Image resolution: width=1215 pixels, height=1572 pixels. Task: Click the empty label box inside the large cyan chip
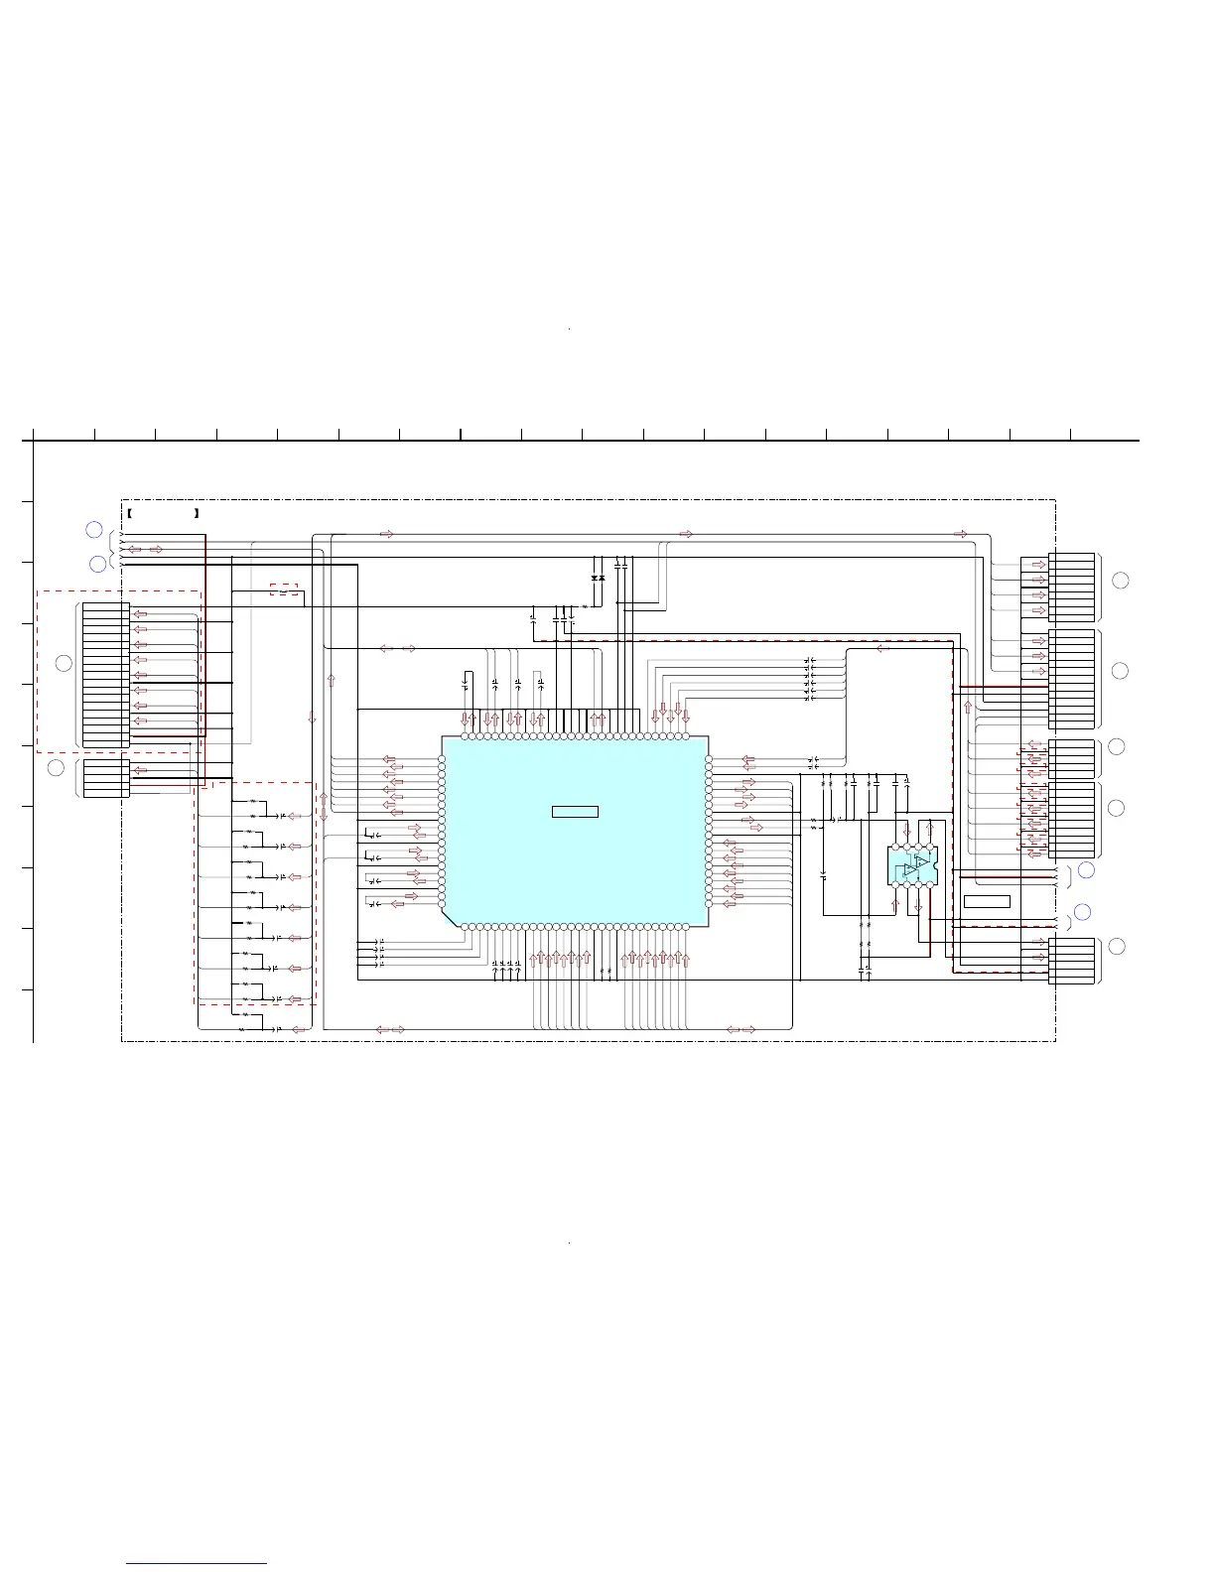(x=575, y=812)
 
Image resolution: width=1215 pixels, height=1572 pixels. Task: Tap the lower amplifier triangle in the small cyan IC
(x=910, y=871)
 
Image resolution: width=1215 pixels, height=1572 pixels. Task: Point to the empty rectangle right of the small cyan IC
(x=987, y=901)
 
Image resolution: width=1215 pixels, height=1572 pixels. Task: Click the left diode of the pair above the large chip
(x=594, y=578)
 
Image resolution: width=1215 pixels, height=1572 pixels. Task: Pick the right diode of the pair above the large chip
(x=603, y=578)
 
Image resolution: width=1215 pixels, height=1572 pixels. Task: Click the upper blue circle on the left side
(x=93, y=530)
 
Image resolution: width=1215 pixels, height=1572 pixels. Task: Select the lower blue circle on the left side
(x=97, y=565)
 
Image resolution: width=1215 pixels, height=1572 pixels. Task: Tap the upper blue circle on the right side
(x=1086, y=870)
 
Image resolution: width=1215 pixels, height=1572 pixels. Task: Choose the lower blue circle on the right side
(x=1083, y=912)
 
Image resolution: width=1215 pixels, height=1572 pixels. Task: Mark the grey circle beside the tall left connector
(x=63, y=663)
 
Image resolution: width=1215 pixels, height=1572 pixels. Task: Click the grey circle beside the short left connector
(x=56, y=767)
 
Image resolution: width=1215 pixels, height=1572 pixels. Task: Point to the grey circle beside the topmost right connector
(x=1120, y=581)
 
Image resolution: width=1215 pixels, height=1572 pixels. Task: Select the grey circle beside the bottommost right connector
(x=1117, y=946)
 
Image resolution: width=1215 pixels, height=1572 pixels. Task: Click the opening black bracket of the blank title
(x=131, y=513)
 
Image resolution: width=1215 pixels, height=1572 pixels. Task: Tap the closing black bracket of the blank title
(x=198, y=513)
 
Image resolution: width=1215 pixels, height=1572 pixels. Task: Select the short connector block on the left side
(x=106, y=778)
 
